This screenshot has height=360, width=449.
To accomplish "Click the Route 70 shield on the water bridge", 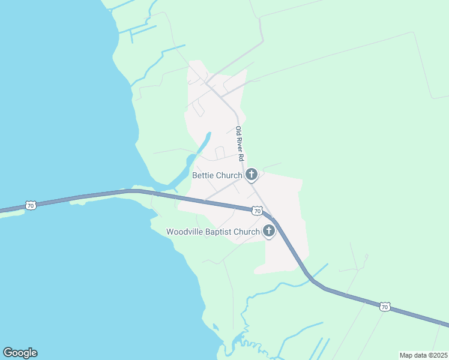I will coord(31,205).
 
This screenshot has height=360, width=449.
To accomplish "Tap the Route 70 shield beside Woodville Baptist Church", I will coord(257,211).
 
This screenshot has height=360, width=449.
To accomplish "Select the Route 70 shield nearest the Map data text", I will coord(385,307).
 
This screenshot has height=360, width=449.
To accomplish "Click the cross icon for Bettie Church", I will coord(252,175).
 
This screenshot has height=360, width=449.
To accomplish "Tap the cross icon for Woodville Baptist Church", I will coord(268,231).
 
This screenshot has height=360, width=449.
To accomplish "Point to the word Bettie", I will coord(203,175).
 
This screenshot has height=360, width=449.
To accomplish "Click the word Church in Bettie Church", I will coord(230,175).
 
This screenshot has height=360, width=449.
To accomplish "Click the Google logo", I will coord(20,353).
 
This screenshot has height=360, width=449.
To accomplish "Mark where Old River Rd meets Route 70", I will coord(268,213).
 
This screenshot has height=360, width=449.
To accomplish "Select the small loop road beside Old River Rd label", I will coord(220,152).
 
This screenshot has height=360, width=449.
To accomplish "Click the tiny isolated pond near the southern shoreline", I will coord(216,327).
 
